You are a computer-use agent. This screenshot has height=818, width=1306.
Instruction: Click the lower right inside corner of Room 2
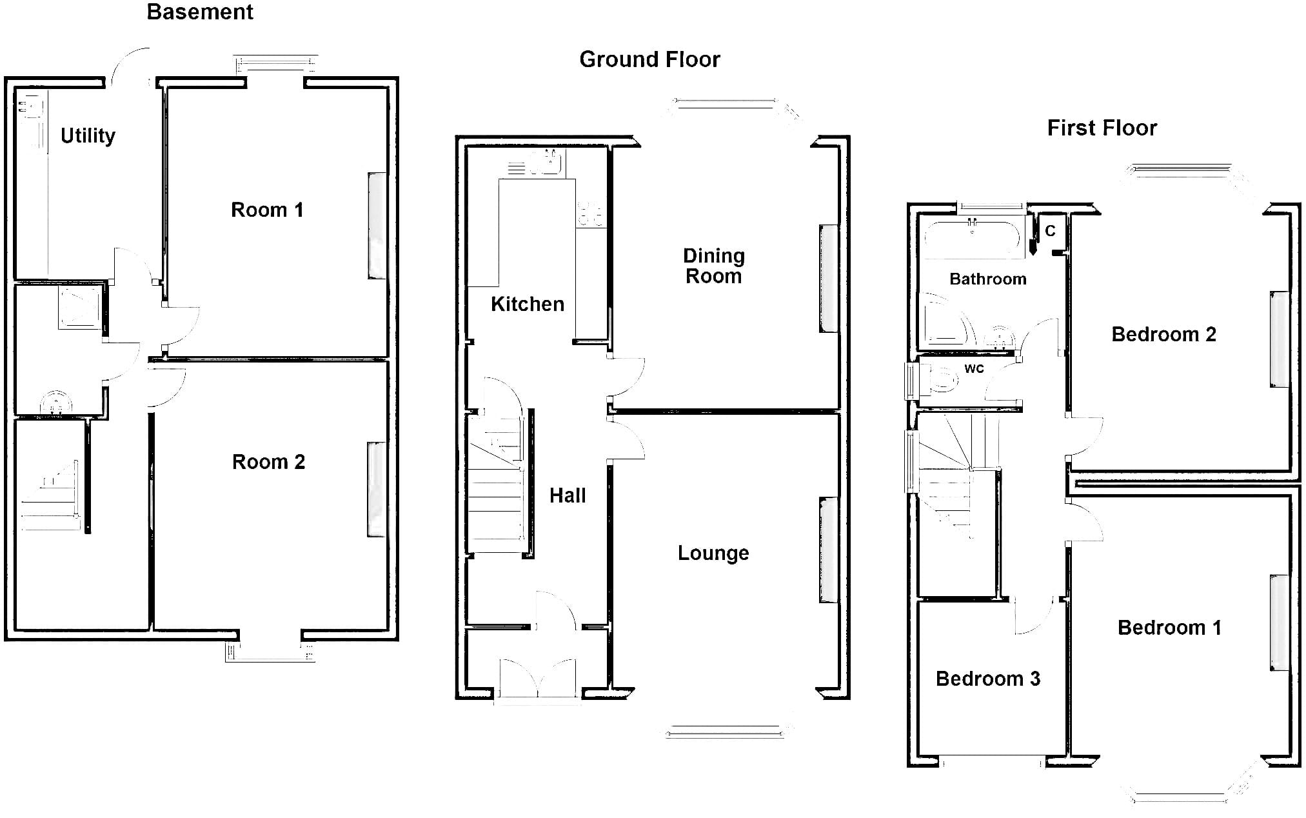[x=387, y=629]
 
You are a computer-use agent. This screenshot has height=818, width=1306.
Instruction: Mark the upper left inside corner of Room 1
[x=169, y=88]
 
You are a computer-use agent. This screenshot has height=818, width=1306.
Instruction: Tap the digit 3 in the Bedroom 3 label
[x=1034, y=679]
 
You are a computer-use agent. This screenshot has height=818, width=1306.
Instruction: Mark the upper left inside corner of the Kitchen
[x=467, y=148]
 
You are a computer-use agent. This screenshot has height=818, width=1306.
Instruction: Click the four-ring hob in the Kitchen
[x=591, y=214]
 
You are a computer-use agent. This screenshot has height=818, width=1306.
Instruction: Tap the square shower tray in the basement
[x=80, y=307]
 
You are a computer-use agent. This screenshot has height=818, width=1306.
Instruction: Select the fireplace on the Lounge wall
[x=828, y=550]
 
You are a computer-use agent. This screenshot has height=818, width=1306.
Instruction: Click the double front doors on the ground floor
[x=538, y=678]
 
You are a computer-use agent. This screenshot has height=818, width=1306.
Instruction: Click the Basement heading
[x=200, y=12]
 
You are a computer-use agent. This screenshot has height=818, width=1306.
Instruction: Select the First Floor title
[x=1102, y=128]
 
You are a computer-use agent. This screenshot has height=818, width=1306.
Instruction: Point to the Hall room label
[x=568, y=495]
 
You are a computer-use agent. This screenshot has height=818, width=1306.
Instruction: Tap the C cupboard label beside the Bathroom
[x=1050, y=231]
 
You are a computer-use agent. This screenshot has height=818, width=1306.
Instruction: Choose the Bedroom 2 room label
[x=1164, y=334]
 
